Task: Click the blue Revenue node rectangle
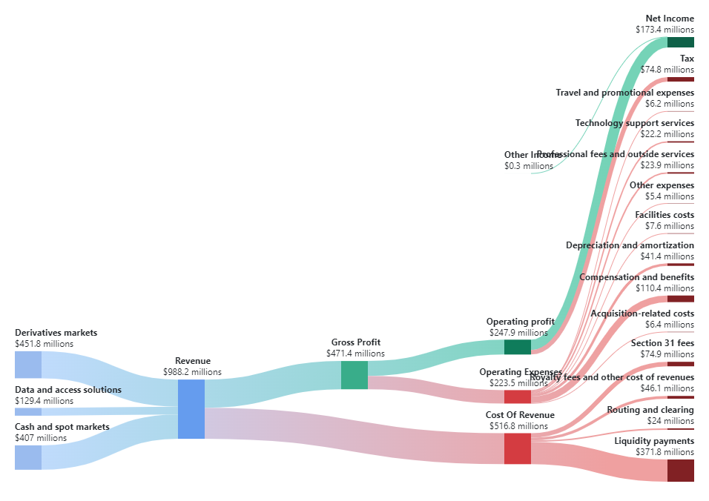point(191,408)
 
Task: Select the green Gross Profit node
point(354,374)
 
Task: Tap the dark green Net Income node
point(680,42)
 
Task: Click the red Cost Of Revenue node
point(517,448)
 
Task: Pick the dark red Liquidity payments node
point(680,470)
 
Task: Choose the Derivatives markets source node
point(28,365)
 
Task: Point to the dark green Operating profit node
point(517,346)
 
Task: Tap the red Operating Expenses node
point(517,396)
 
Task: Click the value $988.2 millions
point(192,372)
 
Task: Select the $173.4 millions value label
point(665,30)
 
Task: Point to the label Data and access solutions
point(68,390)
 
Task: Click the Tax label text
point(687,59)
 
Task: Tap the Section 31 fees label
point(662,343)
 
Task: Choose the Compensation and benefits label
point(636,277)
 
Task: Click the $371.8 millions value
point(665,452)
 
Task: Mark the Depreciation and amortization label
point(630,245)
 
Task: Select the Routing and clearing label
point(650,410)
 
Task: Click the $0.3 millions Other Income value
point(528,166)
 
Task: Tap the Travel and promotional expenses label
point(624,93)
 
